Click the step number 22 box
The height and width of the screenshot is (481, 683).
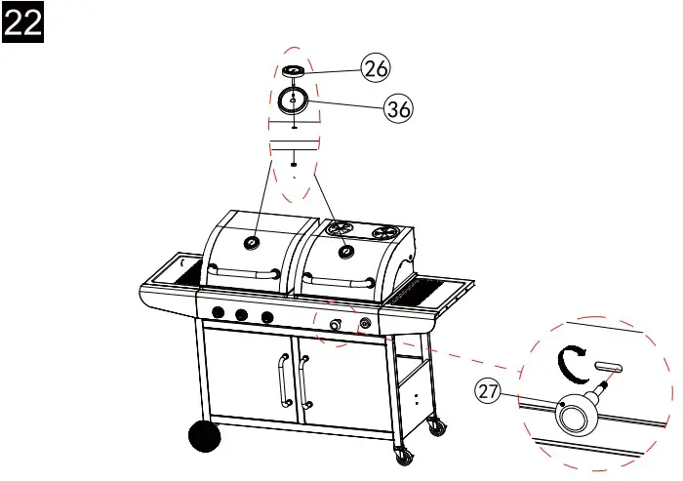pyautogui.click(x=23, y=22)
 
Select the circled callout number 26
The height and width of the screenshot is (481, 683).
pyautogui.click(x=376, y=67)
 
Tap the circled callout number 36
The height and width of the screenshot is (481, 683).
pyautogui.click(x=397, y=109)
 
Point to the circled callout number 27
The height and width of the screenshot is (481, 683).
pyautogui.click(x=489, y=391)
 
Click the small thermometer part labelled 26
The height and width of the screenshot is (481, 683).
pyautogui.click(x=295, y=71)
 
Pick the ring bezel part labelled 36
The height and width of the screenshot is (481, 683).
pyautogui.click(x=294, y=100)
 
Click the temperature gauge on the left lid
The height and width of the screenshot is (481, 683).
pyautogui.click(x=253, y=241)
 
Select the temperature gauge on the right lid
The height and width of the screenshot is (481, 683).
pyautogui.click(x=344, y=251)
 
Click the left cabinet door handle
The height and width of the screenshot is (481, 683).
pyautogui.click(x=284, y=381)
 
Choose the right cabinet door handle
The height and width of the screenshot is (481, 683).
pyautogui.click(x=304, y=381)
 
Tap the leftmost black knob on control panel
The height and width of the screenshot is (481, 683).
pyautogui.click(x=219, y=312)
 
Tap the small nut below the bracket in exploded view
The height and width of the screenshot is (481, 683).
pyautogui.click(x=294, y=165)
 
